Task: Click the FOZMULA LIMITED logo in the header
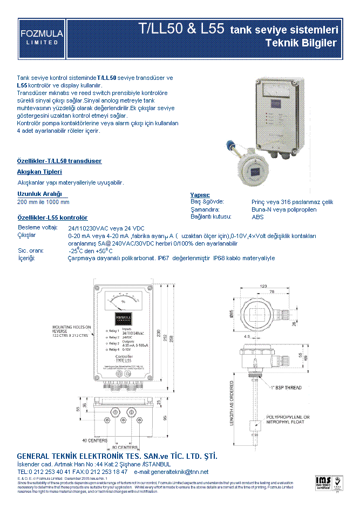(42, 38)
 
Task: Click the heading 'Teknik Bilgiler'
(301, 43)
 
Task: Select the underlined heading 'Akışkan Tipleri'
(39, 172)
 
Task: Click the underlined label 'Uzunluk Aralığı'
(40, 194)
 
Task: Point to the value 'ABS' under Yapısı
(258, 217)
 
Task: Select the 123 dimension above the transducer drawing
(264, 286)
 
